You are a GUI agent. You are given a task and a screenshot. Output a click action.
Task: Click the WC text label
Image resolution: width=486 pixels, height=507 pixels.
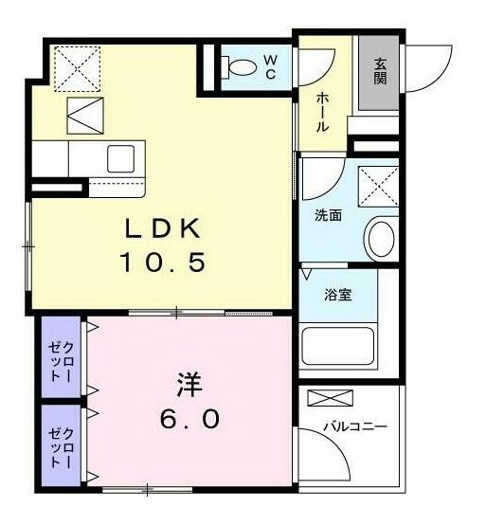(270, 66)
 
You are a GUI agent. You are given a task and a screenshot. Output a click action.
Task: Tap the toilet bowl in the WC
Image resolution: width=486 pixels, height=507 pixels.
(243, 67)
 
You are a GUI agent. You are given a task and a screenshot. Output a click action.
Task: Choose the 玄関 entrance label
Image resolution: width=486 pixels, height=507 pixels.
(380, 71)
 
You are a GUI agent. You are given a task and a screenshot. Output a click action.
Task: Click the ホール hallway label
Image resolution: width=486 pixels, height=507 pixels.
(322, 111)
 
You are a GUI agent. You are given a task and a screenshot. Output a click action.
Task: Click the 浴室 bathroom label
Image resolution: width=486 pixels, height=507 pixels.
(338, 295)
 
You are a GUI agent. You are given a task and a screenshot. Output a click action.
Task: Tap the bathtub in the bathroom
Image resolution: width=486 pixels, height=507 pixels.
(338, 345)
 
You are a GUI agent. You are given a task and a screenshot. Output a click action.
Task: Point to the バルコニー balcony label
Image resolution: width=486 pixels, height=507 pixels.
(355, 427)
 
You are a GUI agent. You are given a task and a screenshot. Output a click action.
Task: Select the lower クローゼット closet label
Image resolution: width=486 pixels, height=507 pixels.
(61, 447)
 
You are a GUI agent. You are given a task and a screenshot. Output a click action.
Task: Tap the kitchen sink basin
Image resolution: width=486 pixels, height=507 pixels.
(121, 158)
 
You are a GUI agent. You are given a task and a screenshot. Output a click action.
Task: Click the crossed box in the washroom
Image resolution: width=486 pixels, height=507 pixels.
(378, 185)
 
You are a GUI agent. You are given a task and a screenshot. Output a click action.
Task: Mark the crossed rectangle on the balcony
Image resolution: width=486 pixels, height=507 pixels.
(328, 398)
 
